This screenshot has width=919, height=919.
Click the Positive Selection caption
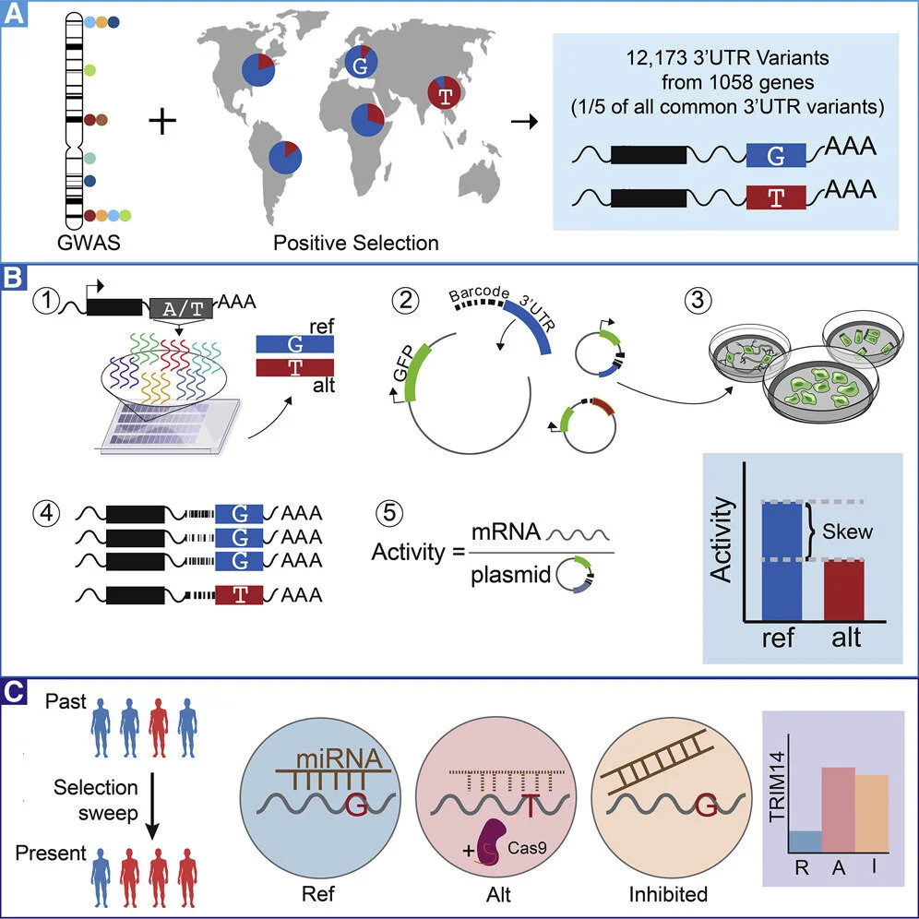point(356,244)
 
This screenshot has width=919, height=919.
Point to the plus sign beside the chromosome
point(162,120)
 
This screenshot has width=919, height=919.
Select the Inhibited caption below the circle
point(667,894)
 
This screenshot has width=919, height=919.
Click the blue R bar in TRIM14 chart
point(805,841)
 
